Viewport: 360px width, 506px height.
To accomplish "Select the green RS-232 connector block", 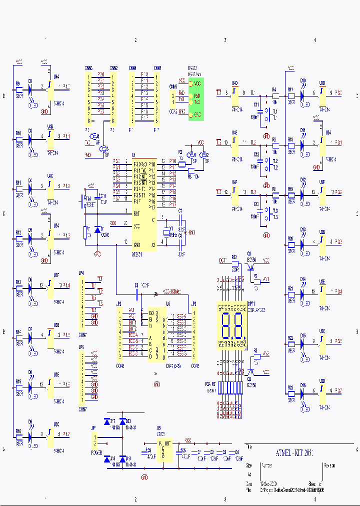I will coord(195,98).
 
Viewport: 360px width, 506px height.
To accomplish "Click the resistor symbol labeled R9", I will coord(19,90).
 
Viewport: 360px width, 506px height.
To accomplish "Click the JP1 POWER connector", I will coord(95,440).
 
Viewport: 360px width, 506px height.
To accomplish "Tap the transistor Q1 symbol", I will coord(248,267).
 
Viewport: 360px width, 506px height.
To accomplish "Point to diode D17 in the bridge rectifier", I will coord(107,422).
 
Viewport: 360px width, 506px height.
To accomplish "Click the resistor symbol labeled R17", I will coord(291,93).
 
